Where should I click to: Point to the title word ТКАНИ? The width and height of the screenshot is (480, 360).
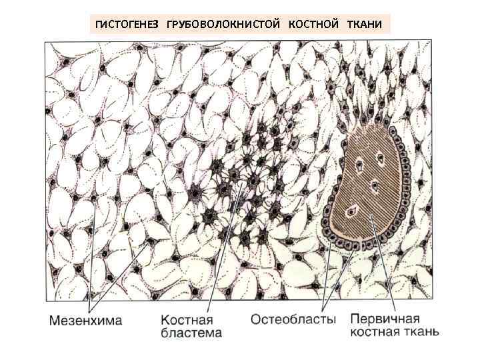[364, 25]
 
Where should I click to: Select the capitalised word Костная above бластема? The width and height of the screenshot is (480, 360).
[186, 320]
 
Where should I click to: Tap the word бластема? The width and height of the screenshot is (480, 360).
[192, 333]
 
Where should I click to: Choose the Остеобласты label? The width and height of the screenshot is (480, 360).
[293, 320]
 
